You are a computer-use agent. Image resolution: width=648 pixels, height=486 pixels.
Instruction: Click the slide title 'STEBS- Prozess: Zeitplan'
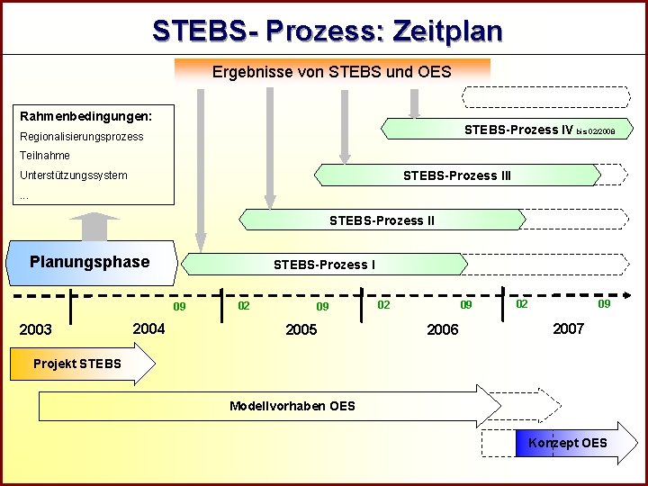pyautogui.click(x=327, y=31)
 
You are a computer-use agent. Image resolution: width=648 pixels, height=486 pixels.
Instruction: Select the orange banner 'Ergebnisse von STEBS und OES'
pyautogui.click(x=331, y=71)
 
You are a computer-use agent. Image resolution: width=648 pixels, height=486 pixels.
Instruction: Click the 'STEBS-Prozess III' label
pyautogui.click(x=456, y=175)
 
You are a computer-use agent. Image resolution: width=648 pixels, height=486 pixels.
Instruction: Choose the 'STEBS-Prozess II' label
pyautogui.click(x=382, y=220)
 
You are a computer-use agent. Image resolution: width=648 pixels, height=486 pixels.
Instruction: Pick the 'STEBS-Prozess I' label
pyautogui.click(x=324, y=265)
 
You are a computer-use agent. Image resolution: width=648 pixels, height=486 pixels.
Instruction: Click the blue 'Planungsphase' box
pyautogui.click(x=90, y=262)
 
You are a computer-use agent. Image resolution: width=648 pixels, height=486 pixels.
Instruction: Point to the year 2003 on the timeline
pyautogui.click(x=36, y=329)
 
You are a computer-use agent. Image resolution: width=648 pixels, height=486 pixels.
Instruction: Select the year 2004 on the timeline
pyautogui.click(x=148, y=328)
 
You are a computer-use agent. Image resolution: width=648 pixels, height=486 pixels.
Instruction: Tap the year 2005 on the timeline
pyautogui.click(x=301, y=329)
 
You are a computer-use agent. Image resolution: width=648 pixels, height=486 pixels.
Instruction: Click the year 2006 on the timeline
pyautogui.click(x=442, y=329)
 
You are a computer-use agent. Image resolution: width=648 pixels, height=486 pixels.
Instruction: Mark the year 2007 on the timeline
pyautogui.click(x=568, y=328)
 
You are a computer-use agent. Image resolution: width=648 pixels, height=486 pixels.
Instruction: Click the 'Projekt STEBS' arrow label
pyautogui.click(x=76, y=364)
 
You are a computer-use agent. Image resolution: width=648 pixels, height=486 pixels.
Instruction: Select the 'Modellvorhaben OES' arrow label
pyautogui.click(x=292, y=406)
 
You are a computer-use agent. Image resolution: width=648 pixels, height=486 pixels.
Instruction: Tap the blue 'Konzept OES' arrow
pyautogui.click(x=567, y=443)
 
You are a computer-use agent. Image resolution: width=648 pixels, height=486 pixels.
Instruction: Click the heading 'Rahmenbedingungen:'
pyautogui.click(x=85, y=116)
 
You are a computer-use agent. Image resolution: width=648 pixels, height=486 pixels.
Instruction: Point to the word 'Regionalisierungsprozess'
pyautogui.click(x=81, y=137)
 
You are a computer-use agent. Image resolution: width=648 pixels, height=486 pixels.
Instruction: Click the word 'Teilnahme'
pyautogui.click(x=44, y=156)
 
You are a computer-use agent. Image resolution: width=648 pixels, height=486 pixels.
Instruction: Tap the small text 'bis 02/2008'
pyautogui.click(x=596, y=132)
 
